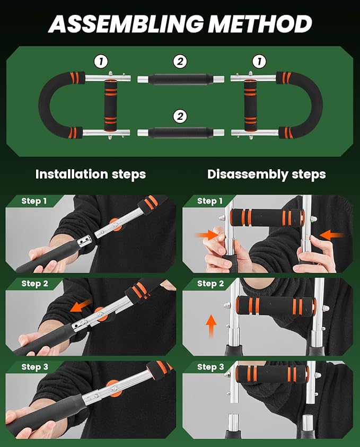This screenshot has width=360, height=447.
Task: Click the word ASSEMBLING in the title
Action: click(126, 24)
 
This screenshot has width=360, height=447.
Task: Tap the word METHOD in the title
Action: click(260, 24)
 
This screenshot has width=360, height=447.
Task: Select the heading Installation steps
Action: click(91, 174)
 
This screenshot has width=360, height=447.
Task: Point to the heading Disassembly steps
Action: click(267, 174)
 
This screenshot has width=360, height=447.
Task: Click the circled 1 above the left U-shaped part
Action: click(101, 62)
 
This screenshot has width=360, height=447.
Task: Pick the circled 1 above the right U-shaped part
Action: click(259, 62)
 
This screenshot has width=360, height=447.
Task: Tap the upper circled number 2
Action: click(180, 62)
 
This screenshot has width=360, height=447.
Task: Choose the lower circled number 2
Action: click(180, 116)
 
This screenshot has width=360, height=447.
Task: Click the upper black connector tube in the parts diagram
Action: click(181, 79)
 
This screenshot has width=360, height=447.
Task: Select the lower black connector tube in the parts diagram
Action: click(181, 133)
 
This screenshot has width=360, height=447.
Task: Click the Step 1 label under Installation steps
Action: click(34, 201)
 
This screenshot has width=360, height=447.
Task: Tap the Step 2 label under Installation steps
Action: click(35, 284)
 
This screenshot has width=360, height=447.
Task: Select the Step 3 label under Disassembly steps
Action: click(210, 367)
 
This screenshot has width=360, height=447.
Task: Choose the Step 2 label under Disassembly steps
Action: click(210, 284)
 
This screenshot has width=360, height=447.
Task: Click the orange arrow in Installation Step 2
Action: click(81, 306)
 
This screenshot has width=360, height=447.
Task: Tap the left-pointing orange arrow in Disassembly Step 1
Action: click(332, 235)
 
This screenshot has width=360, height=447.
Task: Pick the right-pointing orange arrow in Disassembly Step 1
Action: click(207, 235)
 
